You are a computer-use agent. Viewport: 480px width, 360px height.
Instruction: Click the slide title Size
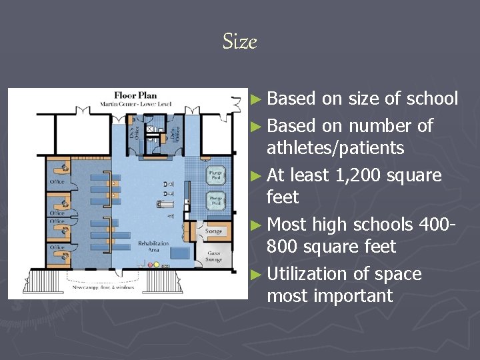pyautogui.click(x=239, y=42)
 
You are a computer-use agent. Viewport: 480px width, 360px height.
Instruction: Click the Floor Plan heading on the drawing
pyautogui.click(x=135, y=95)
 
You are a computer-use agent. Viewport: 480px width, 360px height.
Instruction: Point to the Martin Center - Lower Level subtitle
pyautogui.click(x=135, y=104)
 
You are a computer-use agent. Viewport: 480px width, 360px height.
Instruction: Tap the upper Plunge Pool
pyautogui.click(x=215, y=174)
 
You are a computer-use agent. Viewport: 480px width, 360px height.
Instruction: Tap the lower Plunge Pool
pyautogui.click(x=215, y=200)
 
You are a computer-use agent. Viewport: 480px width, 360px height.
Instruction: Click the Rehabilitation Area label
pyautogui.click(x=153, y=247)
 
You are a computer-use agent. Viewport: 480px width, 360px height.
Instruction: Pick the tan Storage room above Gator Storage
pyautogui.click(x=213, y=231)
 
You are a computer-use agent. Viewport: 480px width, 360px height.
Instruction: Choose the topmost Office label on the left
pyautogui.click(x=57, y=181)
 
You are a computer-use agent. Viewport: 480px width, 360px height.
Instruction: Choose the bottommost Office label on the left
pyautogui.click(x=57, y=247)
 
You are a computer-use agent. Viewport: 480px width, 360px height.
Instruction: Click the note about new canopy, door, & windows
pyautogui.click(x=100, y=288)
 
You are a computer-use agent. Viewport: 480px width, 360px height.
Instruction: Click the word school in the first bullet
pyautogui.click(x=434, y=99)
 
